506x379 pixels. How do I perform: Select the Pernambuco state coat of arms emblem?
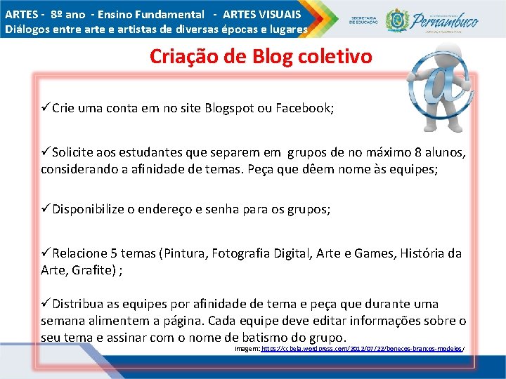398,20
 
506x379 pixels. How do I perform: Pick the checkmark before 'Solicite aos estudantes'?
46,153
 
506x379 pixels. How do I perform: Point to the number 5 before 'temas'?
124,253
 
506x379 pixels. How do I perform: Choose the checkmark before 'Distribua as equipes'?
46,304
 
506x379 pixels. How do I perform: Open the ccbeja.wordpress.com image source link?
363,349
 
